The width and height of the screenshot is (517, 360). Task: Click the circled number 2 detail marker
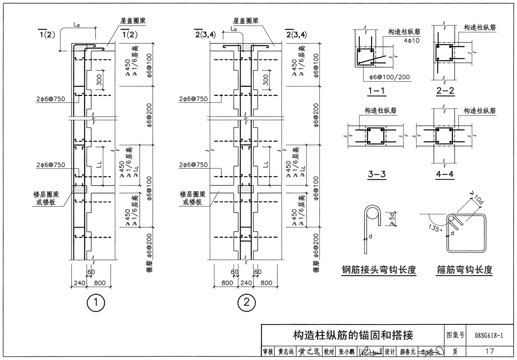[x=246, y=302]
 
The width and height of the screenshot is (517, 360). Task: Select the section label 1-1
[x=376, y=90]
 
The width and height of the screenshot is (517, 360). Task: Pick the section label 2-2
[x=445, y=90]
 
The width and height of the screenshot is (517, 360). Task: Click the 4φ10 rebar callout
[x=411, y=40]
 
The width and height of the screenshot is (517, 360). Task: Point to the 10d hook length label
[x=478, y=200]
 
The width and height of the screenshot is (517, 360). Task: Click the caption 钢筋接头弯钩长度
[x=378, y=270]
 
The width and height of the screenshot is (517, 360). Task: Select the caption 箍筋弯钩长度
[x=464, y=270]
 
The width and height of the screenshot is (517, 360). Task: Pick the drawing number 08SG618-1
[x=489, y=335]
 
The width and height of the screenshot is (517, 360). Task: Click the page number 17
[x=489, y=351]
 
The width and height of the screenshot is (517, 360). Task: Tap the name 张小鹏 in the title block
[x=347, y=352]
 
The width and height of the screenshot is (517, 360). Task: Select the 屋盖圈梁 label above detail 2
[x=246, y=21]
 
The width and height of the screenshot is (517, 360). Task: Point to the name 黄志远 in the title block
[x=286, y=352]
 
